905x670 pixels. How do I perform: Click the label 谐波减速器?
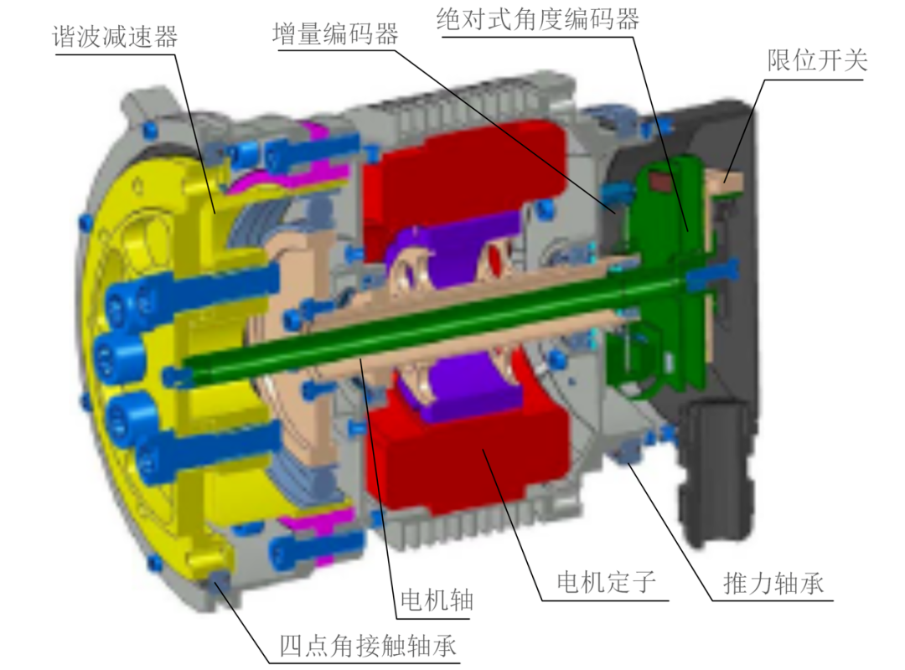(115, 37)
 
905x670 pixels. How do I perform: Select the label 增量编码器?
(335, 33)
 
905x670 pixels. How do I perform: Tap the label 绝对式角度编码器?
(538, 19)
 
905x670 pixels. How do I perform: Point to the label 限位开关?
(817, 60)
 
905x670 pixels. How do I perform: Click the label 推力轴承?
(773, 583)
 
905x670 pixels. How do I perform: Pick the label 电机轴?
(437, 600)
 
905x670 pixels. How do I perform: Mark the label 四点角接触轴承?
(368, 645)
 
